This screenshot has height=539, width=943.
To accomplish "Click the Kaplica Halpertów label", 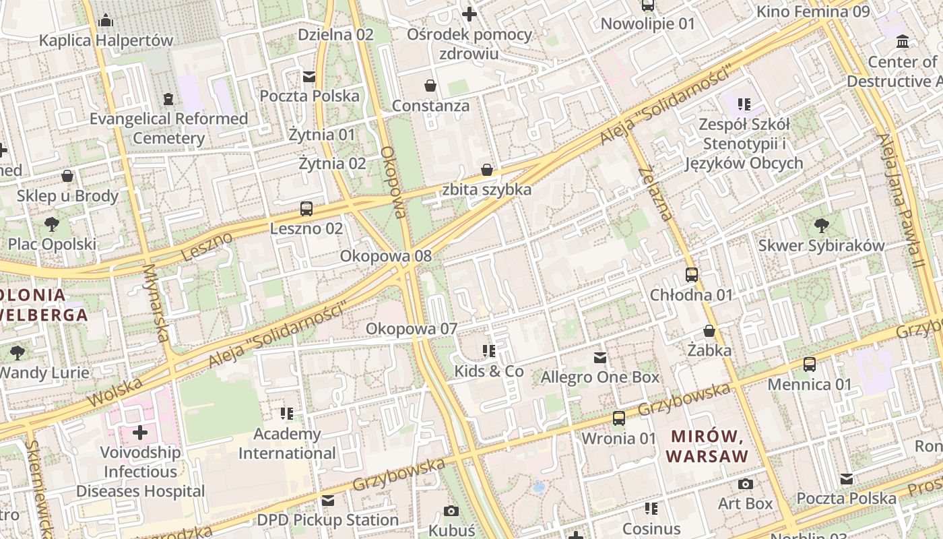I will [106, 40].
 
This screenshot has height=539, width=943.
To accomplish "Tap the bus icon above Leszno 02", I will [306, 209].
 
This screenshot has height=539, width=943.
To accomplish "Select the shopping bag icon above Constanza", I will [430, 86].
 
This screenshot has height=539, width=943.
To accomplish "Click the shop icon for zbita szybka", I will [486, 170].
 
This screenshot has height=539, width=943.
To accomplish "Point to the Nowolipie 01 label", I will [647, 24].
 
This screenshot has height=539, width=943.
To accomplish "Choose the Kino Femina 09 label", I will [813, 11].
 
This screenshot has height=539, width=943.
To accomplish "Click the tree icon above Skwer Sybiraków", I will [821, 226].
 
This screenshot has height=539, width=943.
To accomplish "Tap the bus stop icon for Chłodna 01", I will [691, 275].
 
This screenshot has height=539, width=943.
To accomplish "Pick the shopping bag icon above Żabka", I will [709, 331].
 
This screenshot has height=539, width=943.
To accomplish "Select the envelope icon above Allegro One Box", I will [599, 358].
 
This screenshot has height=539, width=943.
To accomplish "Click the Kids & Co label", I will [489, 371].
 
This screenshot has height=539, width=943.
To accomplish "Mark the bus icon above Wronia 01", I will [618, 418].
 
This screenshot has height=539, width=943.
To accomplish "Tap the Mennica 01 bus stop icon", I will [810, 364].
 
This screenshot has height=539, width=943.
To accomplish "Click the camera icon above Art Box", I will [745, 484].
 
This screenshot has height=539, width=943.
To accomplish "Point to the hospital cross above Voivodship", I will [140, 432].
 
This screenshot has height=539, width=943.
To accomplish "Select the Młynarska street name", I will [156, 303].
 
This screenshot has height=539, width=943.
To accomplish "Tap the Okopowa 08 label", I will [385, 256].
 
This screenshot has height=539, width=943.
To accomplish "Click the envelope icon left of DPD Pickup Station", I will [328, 501].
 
